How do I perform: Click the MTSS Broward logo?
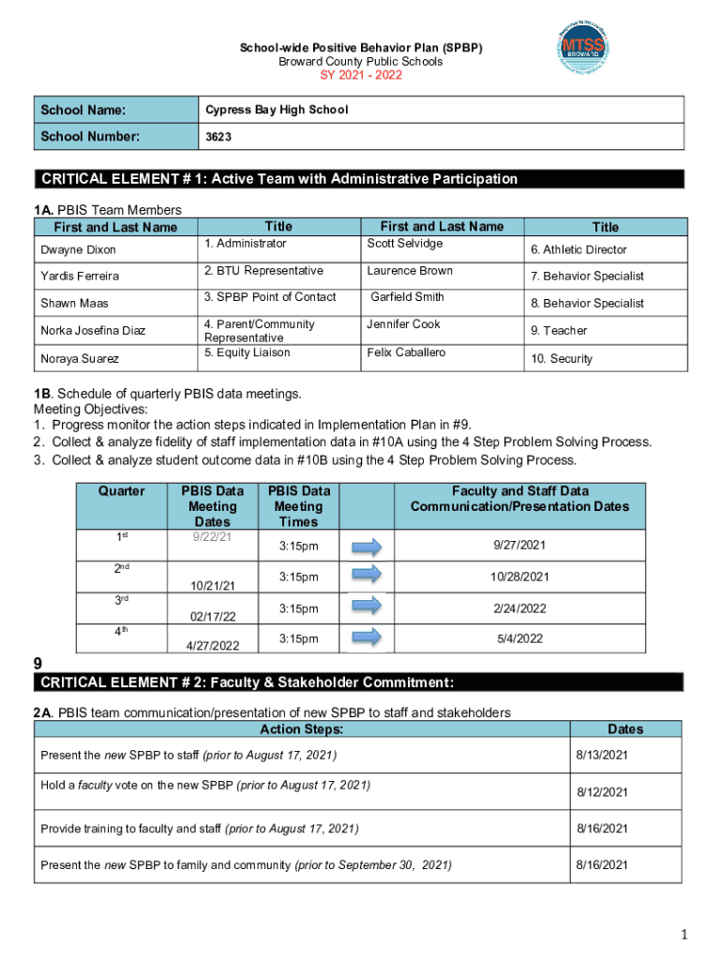click(594, 48)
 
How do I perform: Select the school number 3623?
click(218, 137)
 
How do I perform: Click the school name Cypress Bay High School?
click(277, 110)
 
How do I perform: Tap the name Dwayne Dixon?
click(78, 250)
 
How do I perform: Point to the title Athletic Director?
click(579, 249)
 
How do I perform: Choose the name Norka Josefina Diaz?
click(93, 330)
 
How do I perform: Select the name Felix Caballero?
click(406, 352)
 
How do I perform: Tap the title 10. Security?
click(562, 359)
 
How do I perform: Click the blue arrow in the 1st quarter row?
click(368, 547)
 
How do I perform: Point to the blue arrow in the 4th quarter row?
click(368, 638)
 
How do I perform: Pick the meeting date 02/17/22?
click(212, 616)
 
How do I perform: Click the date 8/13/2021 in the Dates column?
click(602, 755)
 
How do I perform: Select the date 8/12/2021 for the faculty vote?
click(602, 792)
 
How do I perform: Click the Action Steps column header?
click(301, 729)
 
